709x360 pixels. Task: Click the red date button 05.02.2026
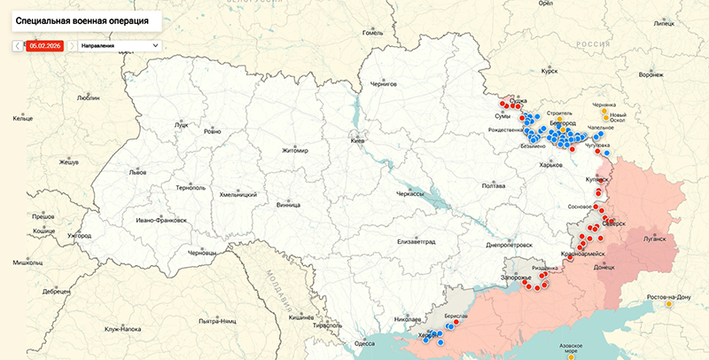point(43,44)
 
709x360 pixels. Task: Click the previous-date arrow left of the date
point(18,44)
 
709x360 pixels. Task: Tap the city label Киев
point(357,141)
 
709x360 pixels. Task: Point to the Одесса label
point(364,343)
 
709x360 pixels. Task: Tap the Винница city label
point(288,205)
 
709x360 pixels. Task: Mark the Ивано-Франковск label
point(160,220)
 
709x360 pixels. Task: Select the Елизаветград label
point(417,241)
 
